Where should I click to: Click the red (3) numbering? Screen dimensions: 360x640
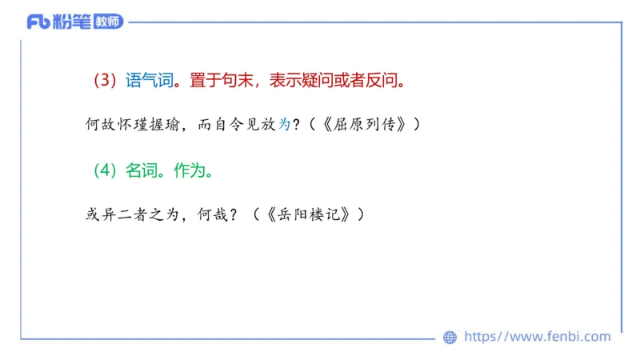105,81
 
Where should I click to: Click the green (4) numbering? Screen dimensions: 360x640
105,171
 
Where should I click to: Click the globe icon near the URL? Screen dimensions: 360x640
450,338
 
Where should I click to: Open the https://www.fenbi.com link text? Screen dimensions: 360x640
537,337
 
